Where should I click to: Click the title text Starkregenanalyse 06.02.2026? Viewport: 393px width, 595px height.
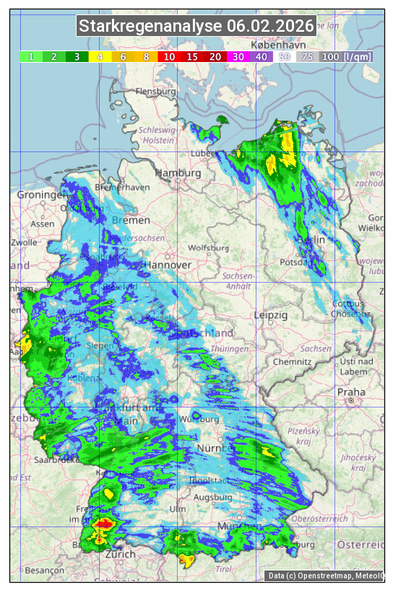point(196,27)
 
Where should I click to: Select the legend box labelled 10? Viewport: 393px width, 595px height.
point(169,56)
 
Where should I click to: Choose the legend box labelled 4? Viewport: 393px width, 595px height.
point(100,56)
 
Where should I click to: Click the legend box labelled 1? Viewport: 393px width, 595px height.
point(31,56)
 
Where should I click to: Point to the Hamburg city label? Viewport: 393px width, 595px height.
point(178,174)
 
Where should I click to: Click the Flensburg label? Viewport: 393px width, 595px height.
point(155,92)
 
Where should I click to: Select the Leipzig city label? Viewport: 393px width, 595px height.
point(271,315)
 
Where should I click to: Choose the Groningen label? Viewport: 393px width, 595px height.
point(41,195)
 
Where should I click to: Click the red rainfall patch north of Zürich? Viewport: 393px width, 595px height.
point(105,521)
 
